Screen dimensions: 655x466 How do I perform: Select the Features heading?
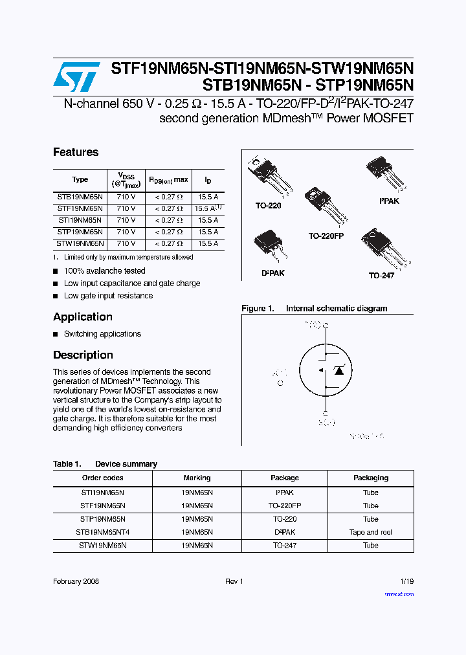[76, 152]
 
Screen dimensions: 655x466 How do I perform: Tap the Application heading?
[82, 316]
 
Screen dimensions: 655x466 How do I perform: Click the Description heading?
[83, 355]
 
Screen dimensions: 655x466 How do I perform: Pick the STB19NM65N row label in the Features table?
[80, 197]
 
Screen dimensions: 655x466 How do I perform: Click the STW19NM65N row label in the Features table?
[80, 243]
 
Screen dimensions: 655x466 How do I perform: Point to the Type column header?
[80, 179]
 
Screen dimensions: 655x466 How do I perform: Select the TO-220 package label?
[268, 205]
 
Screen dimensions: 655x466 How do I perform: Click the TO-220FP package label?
[326, 236]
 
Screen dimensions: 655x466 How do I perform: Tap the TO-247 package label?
[381, 275]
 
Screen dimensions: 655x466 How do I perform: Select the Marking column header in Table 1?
[197, 478]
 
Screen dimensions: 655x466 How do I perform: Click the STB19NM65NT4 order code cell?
[102, 532]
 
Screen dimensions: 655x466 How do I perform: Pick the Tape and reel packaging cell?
[370, 532]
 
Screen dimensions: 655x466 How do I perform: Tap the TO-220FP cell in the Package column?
[285, 505]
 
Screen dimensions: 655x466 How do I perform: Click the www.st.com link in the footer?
[399, 594]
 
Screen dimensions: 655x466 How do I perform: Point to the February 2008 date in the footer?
[76, 581]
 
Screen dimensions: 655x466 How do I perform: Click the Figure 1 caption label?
[258, 309]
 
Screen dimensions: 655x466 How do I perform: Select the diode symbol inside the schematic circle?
[338, 370]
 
